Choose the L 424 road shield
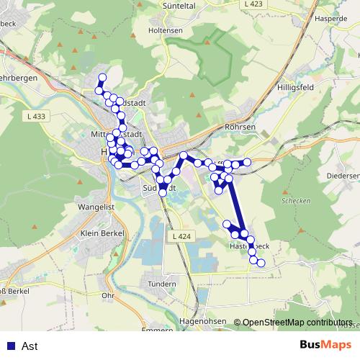click(x=183, y=236)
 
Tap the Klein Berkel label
click(x=99, y=233)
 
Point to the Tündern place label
click(x=161, y=284)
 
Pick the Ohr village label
click(x=109, y=295)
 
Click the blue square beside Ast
click(x=9, y=346)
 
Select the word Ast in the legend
click(x=30, y=346)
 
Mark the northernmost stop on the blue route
click(x=102, y=77)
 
